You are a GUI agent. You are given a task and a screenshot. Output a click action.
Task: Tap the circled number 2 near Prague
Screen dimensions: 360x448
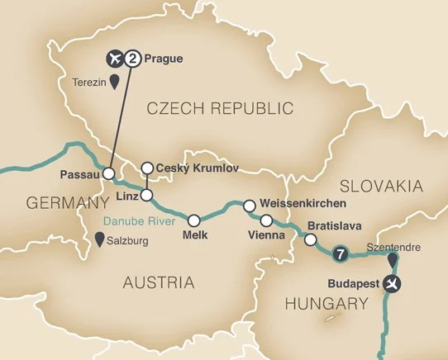(x=132, y=59)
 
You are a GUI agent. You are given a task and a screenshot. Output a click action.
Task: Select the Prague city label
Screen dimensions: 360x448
(x=163, y=59)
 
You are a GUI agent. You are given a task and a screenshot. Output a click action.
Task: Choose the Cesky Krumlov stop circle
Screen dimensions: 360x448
(x=146, y=168)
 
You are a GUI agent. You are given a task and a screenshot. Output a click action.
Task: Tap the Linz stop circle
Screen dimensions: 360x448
(x=146, y=196)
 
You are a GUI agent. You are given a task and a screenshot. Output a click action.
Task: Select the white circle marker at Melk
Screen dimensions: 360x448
(x=194, y=220)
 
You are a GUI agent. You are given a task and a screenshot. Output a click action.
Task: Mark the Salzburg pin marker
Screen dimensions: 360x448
(x=102, y=240)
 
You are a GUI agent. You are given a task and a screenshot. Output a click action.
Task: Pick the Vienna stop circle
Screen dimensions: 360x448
(x=266, y=220)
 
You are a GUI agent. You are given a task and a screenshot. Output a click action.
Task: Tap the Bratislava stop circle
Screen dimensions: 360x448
(x=310, y=240)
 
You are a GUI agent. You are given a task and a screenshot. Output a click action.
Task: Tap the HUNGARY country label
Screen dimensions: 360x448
(x=326, y=304)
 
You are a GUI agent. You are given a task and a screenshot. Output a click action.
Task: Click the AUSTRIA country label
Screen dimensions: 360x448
(x=158, y=283)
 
